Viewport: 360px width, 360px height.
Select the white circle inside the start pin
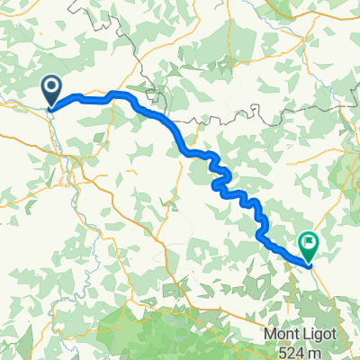[x=51, y=87]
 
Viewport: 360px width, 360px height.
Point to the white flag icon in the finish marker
[x=309, y=241]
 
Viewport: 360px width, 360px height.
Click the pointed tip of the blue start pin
[x=51, y=109]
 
